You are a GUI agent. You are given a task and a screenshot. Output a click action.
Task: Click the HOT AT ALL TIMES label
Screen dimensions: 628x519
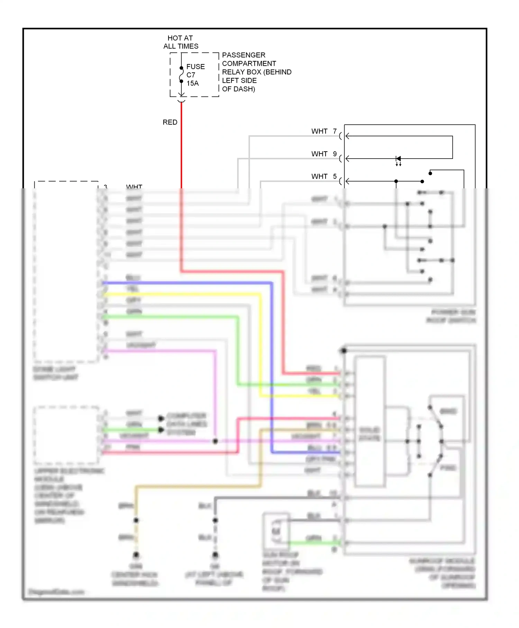(180, 42)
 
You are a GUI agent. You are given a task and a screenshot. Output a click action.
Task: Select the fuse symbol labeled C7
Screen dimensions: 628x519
(181, 75)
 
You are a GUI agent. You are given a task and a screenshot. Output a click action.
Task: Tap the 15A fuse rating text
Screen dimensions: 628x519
(193, 83)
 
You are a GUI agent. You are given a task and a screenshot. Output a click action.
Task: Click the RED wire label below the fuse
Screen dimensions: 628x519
(170, 122)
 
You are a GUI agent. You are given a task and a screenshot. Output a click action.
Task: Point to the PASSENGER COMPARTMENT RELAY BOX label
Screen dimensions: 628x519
(256, 72)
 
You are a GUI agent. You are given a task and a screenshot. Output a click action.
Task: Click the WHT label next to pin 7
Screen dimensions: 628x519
(319, 131)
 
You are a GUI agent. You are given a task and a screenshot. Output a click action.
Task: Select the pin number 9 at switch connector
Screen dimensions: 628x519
(335, 154)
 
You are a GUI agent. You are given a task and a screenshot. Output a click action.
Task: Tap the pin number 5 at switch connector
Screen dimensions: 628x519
(335, 176)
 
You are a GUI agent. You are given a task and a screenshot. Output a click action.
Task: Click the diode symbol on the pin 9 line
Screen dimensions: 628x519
(398, 159)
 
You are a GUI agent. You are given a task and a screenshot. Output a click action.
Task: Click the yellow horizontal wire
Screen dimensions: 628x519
(180, 294)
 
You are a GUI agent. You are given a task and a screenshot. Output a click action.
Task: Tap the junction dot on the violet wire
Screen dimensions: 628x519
(215, 441)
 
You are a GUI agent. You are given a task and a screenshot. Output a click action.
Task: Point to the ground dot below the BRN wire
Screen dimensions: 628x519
(136, 555)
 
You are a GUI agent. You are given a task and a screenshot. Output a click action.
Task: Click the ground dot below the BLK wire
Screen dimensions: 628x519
(215, 555)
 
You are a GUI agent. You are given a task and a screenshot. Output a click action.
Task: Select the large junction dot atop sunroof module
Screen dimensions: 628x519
(344, 351)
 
